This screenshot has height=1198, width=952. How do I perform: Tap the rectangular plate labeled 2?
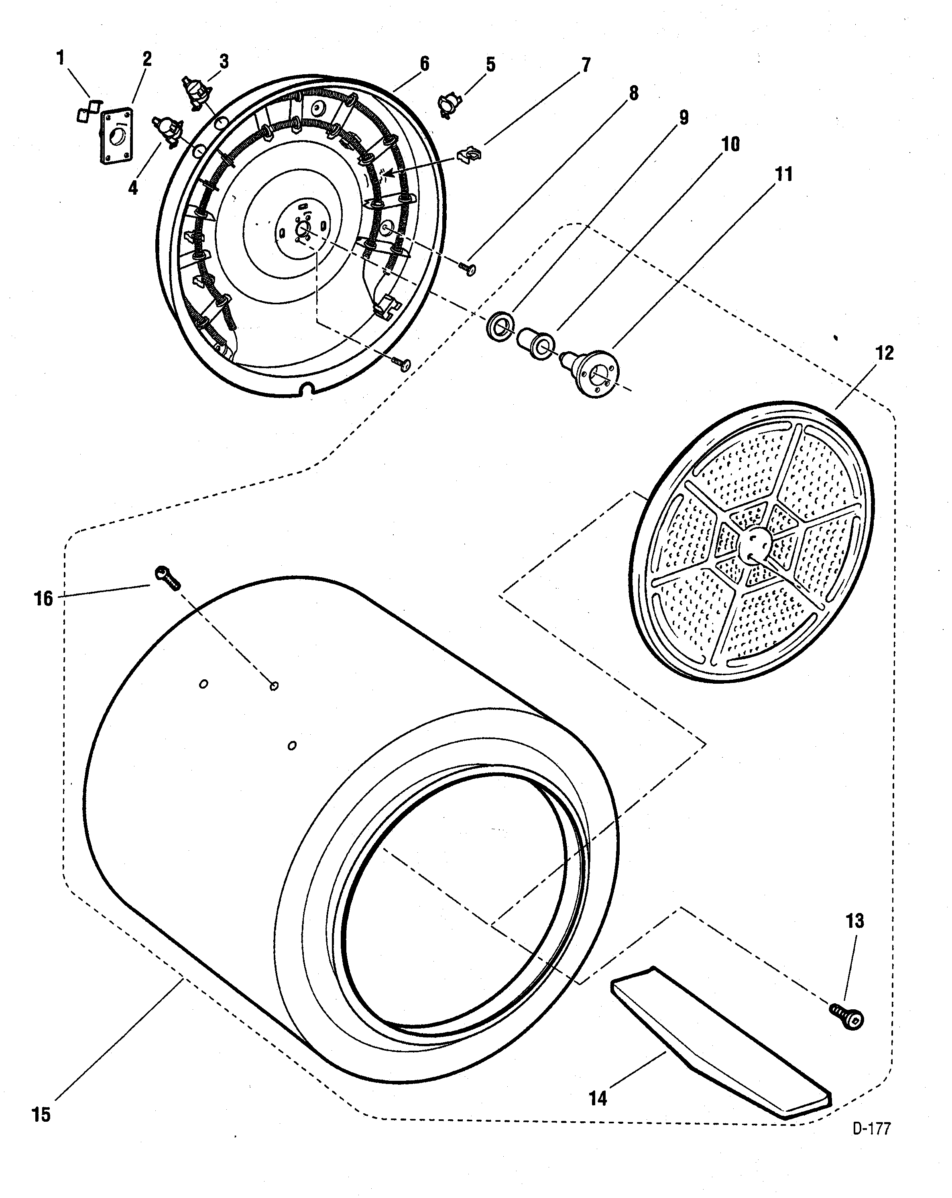[117, 136]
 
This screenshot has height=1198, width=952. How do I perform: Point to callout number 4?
[133, 188]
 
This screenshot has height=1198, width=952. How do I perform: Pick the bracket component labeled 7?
[469, 154]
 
